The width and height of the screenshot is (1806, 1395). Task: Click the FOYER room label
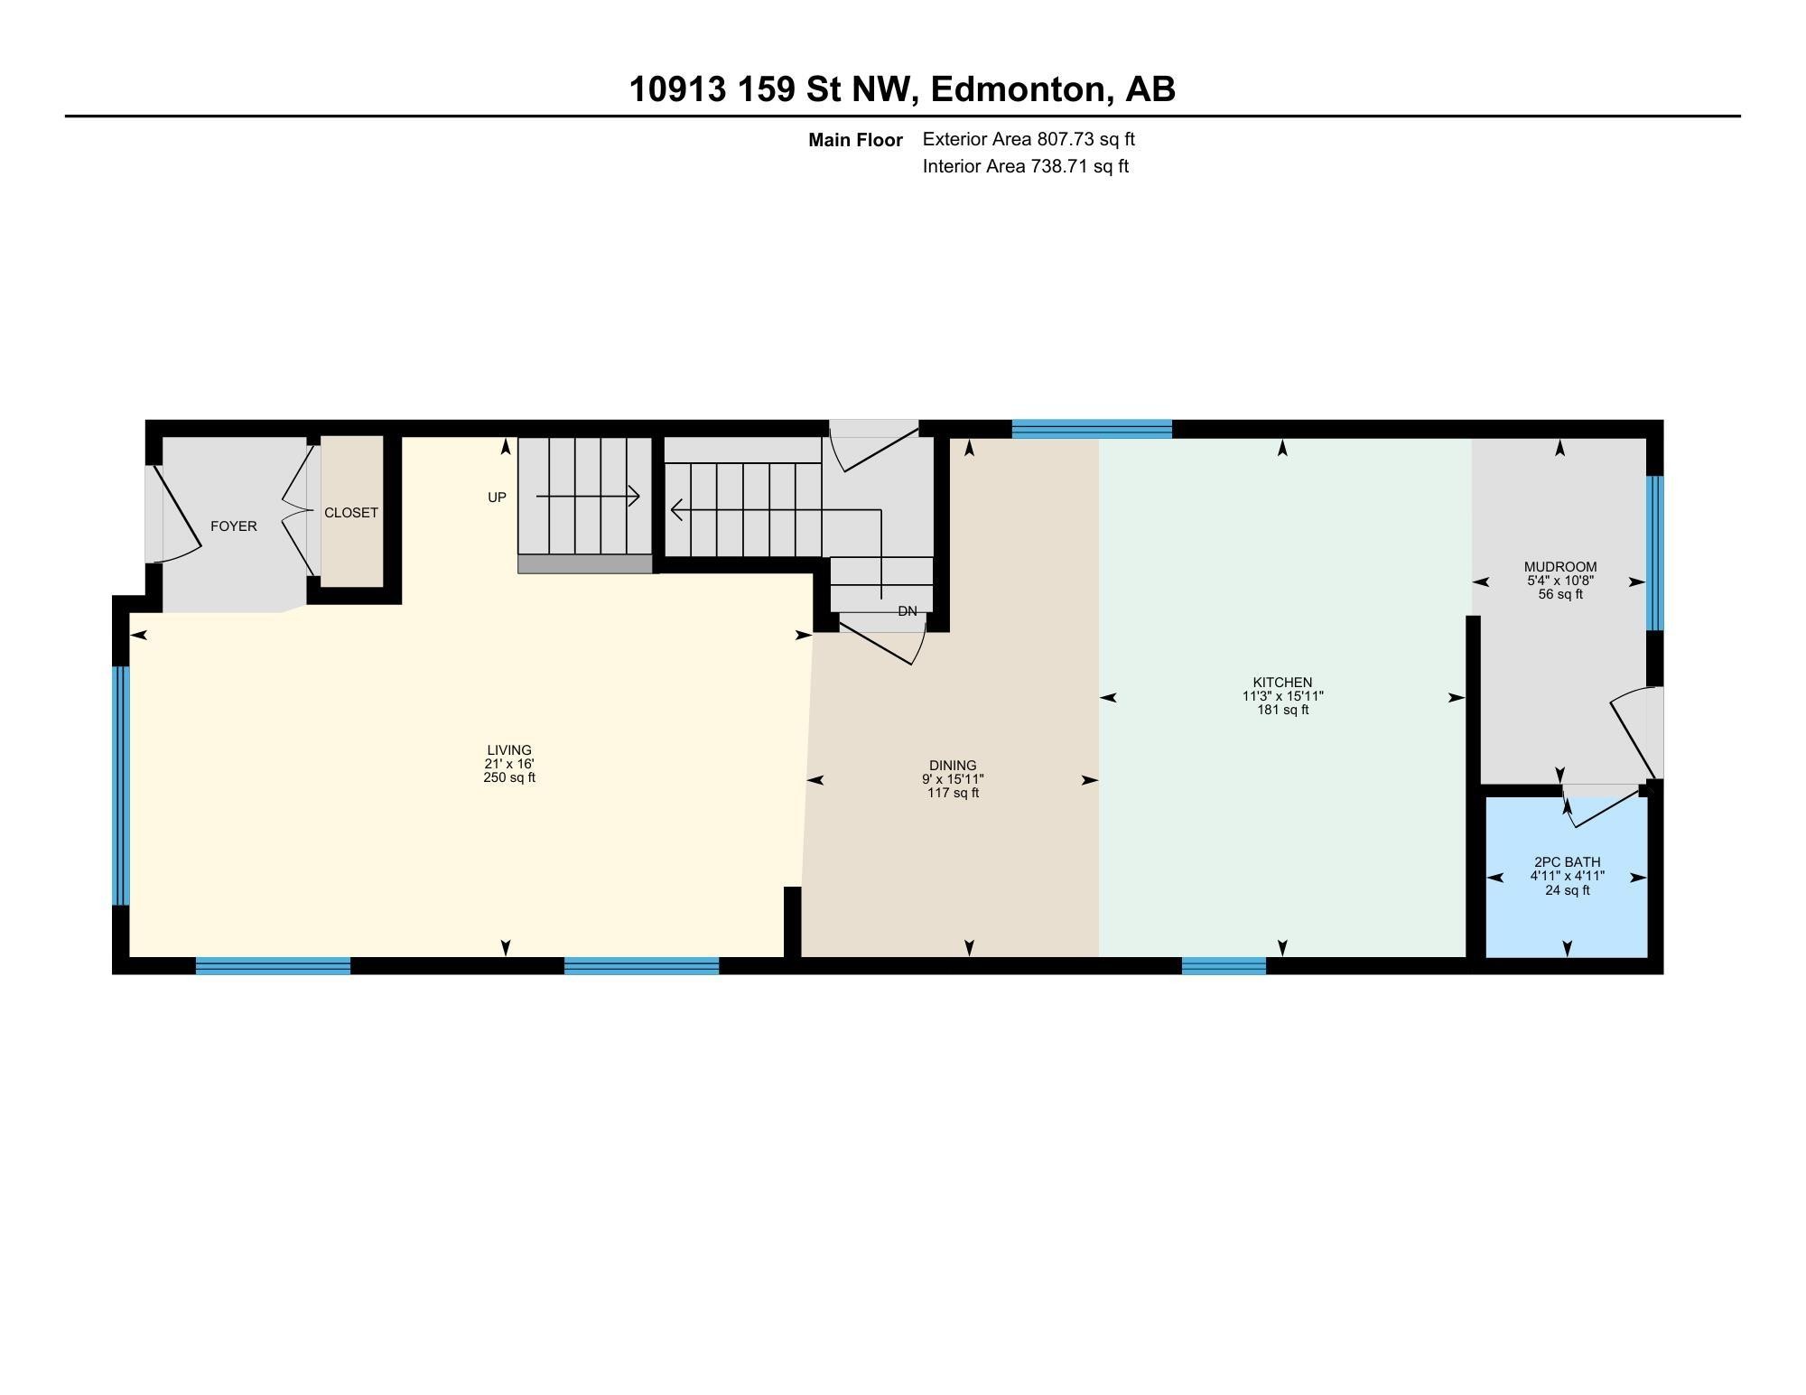233,526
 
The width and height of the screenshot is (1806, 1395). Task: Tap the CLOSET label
351,513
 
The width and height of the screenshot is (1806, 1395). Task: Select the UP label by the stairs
497,498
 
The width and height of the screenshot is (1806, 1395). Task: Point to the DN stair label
908,611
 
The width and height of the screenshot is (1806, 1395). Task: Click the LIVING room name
509,750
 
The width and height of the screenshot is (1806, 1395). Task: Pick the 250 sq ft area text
509,777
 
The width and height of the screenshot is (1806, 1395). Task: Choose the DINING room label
953,766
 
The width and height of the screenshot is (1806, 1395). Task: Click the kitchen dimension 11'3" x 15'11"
1282,696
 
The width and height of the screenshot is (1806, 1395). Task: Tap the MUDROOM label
1560,567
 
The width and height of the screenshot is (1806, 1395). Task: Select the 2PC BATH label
1567,862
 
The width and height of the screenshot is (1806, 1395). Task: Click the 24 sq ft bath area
1567,890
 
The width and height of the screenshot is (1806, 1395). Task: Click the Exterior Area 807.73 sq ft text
1029,139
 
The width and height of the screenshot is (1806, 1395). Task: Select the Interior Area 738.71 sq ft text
1025,166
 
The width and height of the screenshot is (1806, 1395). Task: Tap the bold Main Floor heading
855,140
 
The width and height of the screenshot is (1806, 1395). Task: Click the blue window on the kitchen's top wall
1092,429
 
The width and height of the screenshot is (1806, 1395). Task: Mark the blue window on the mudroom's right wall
1654,553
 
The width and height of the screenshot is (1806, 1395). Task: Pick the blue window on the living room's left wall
121,786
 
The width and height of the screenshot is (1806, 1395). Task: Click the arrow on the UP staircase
588,496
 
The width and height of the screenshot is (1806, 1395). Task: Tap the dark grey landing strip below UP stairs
585,564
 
